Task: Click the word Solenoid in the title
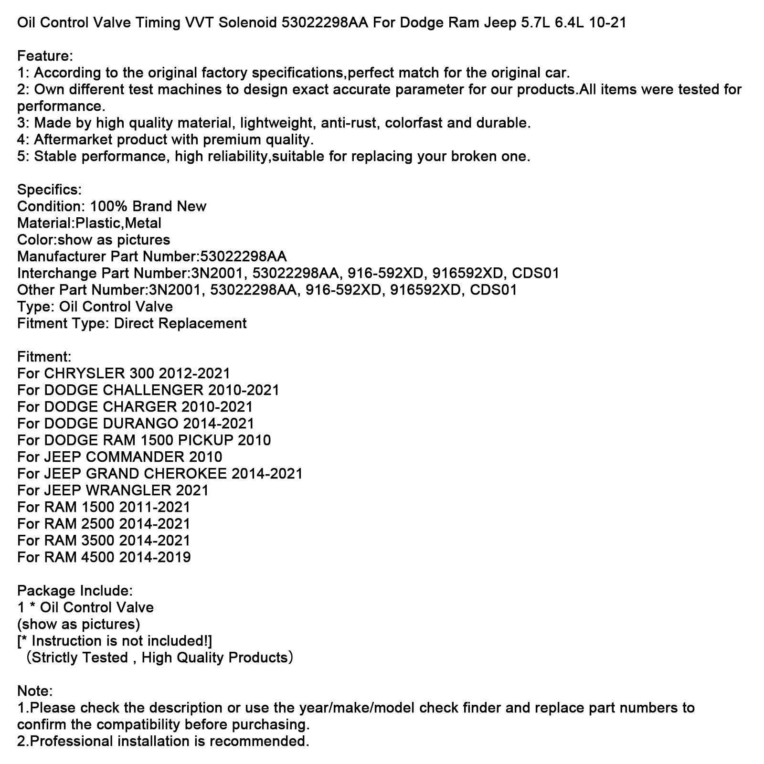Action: (x=248, y=22)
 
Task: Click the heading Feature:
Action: (x=45, y=56)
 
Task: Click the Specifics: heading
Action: (x=49, y=190)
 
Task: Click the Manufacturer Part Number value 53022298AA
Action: (x=244, y=256)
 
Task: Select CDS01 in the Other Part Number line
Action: (x=494, y=290)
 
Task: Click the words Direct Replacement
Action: (x=180, y=323)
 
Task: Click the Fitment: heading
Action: (x=44, y=357)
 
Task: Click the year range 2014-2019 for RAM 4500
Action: (x=155, y=557)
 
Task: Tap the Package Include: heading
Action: (x=75, y=591)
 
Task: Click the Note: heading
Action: (x=35, y=691)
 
